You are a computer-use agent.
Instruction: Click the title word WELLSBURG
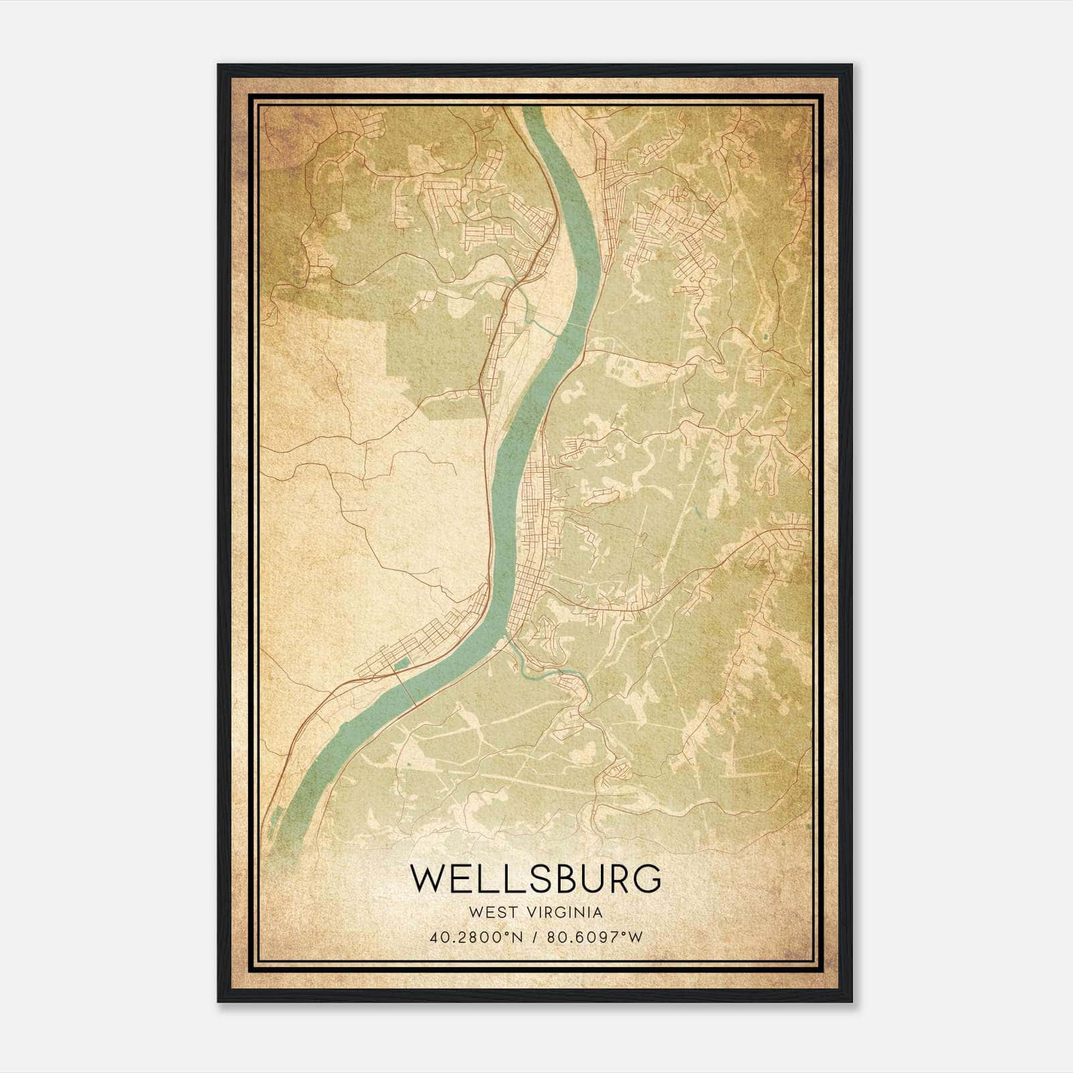coord(536,878)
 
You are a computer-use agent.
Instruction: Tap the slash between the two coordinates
coord(536,938)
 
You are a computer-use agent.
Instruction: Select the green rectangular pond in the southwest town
coord(402,665)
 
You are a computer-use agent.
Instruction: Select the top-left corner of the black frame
coord(219,65)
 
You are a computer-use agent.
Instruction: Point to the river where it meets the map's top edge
coord(530,109)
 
